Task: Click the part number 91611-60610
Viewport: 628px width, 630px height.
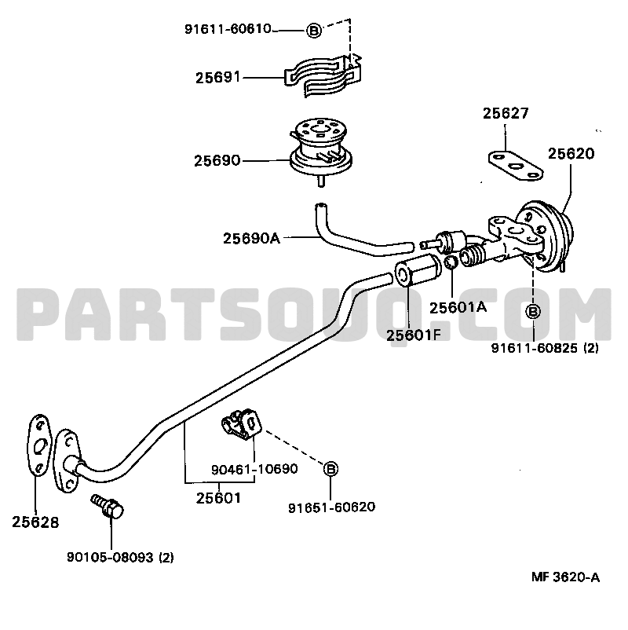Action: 228,29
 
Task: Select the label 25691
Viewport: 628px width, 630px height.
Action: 217,77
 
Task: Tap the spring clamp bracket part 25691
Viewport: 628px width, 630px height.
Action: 323,76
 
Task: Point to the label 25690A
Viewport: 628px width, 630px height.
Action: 251,238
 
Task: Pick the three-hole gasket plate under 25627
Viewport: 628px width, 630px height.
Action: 516,166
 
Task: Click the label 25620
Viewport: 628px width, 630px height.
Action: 571,153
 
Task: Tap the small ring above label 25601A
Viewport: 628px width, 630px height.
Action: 451,263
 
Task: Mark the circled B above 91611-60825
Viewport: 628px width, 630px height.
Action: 533,311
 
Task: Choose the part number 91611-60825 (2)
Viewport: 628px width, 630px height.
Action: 545,348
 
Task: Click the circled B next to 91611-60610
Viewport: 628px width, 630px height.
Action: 314,30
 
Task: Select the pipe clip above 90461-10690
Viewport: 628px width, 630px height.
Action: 242,425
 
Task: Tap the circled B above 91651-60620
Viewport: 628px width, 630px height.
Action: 330,468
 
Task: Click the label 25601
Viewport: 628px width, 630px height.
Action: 218,498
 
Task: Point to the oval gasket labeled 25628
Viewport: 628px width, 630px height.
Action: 39,445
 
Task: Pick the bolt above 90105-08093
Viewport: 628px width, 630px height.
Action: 108,506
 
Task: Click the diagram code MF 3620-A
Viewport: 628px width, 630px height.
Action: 565,577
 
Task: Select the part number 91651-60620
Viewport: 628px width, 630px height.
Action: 332,507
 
